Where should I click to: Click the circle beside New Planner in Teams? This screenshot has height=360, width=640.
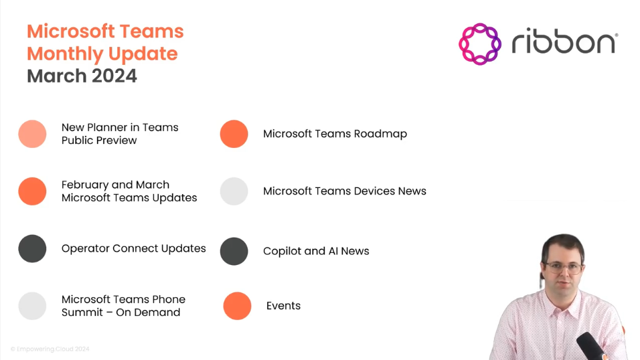point(32,134)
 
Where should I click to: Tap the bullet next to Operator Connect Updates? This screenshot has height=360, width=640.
point(32,248)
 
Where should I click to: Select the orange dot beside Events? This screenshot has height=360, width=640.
point(237,306)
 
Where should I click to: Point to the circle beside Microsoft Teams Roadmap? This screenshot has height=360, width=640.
point(234,134)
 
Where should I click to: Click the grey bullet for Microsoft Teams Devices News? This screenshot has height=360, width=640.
point(234,191)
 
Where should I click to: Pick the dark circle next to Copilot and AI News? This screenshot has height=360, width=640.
point(234,251)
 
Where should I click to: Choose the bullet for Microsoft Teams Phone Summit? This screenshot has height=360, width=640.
point(32,306)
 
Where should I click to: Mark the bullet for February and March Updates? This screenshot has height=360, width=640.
point(32,191)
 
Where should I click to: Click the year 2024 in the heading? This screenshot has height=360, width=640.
point(114,76)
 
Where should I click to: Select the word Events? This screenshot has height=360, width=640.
point(283,306)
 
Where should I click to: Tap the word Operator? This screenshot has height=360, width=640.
point(85,249)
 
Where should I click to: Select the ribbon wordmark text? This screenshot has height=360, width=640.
point(564,41)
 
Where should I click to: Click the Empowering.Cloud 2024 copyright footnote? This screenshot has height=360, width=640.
point(50,349)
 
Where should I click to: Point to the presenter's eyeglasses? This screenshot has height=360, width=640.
point(565,268)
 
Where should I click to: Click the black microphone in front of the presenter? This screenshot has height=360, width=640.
point(591,346)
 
